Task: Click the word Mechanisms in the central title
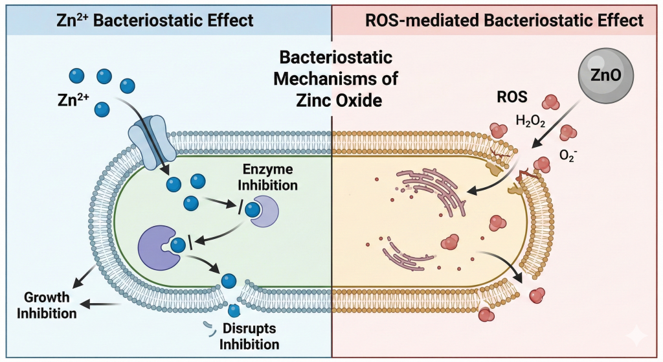point(331,80)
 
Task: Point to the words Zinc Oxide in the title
point(331,101)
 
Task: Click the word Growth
point(48,299)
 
